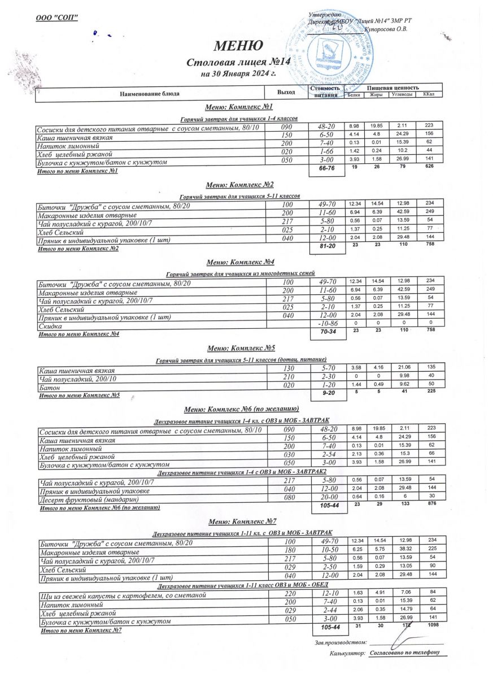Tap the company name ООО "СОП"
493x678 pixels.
point(56,17)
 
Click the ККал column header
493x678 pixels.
point(427,94)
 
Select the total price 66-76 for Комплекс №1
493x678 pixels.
point(328,169)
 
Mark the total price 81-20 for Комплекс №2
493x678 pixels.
point(328,247)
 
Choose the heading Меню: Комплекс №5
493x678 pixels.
point(241,347)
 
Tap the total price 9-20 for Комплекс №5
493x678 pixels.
point(328,392)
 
